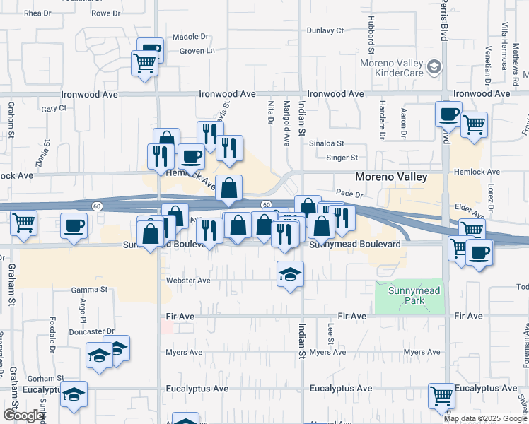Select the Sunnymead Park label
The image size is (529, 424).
click(x=409, y=295)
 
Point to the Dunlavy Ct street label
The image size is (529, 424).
click(x=325, y=31)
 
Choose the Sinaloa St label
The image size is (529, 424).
click(x=326, y=143)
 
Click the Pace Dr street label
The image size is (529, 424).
click(x=349, y=192)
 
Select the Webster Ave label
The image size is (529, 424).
click(x=188, y=281)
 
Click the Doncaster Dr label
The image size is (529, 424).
click(x=92, y=331)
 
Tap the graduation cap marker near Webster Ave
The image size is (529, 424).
click(x=290, y=273)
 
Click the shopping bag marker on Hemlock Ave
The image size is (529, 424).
click(x=228, y=188)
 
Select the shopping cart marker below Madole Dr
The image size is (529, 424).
click(x=144, y=64)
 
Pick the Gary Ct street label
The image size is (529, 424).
click(x=54, y=109)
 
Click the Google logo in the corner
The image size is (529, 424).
click(x=23, y=416)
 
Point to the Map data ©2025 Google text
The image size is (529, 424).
click(x=486, y=418)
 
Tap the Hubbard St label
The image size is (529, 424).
click(x=370, y=42)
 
